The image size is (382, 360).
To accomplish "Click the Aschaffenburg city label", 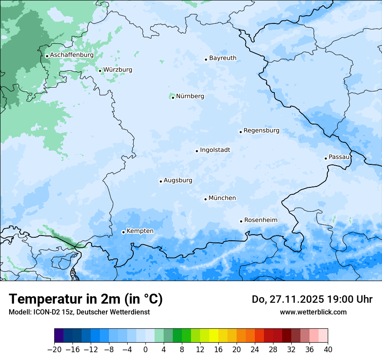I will coord(72,55).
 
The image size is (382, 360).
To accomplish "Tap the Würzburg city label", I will coord(118,70).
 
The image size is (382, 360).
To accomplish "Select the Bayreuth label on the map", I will coord(223,58).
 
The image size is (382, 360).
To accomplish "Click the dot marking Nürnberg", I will coord(173,98).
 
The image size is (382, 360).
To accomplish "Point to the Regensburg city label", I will coord(261,131).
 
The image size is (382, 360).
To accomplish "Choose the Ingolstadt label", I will coord(215,150).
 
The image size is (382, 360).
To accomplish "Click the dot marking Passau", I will coord(326,158).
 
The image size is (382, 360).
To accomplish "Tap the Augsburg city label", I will coord(178,180).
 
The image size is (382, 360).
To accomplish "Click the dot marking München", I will coord(205,199).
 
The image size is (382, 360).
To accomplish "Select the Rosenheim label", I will coord(260,220).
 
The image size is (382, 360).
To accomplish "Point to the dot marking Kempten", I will coord(123,232).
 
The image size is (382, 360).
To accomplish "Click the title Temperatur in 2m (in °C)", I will coord(86,299).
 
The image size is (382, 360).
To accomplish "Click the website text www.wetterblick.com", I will coord(313,312).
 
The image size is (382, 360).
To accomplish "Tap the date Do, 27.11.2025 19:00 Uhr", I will coord(312,299).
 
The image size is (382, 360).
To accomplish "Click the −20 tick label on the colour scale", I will coord(54,349).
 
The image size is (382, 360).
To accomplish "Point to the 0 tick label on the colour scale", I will coord(145,349).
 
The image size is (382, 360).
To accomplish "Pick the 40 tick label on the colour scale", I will coord(328,349).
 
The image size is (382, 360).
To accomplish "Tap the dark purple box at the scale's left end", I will coord(59,336).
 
